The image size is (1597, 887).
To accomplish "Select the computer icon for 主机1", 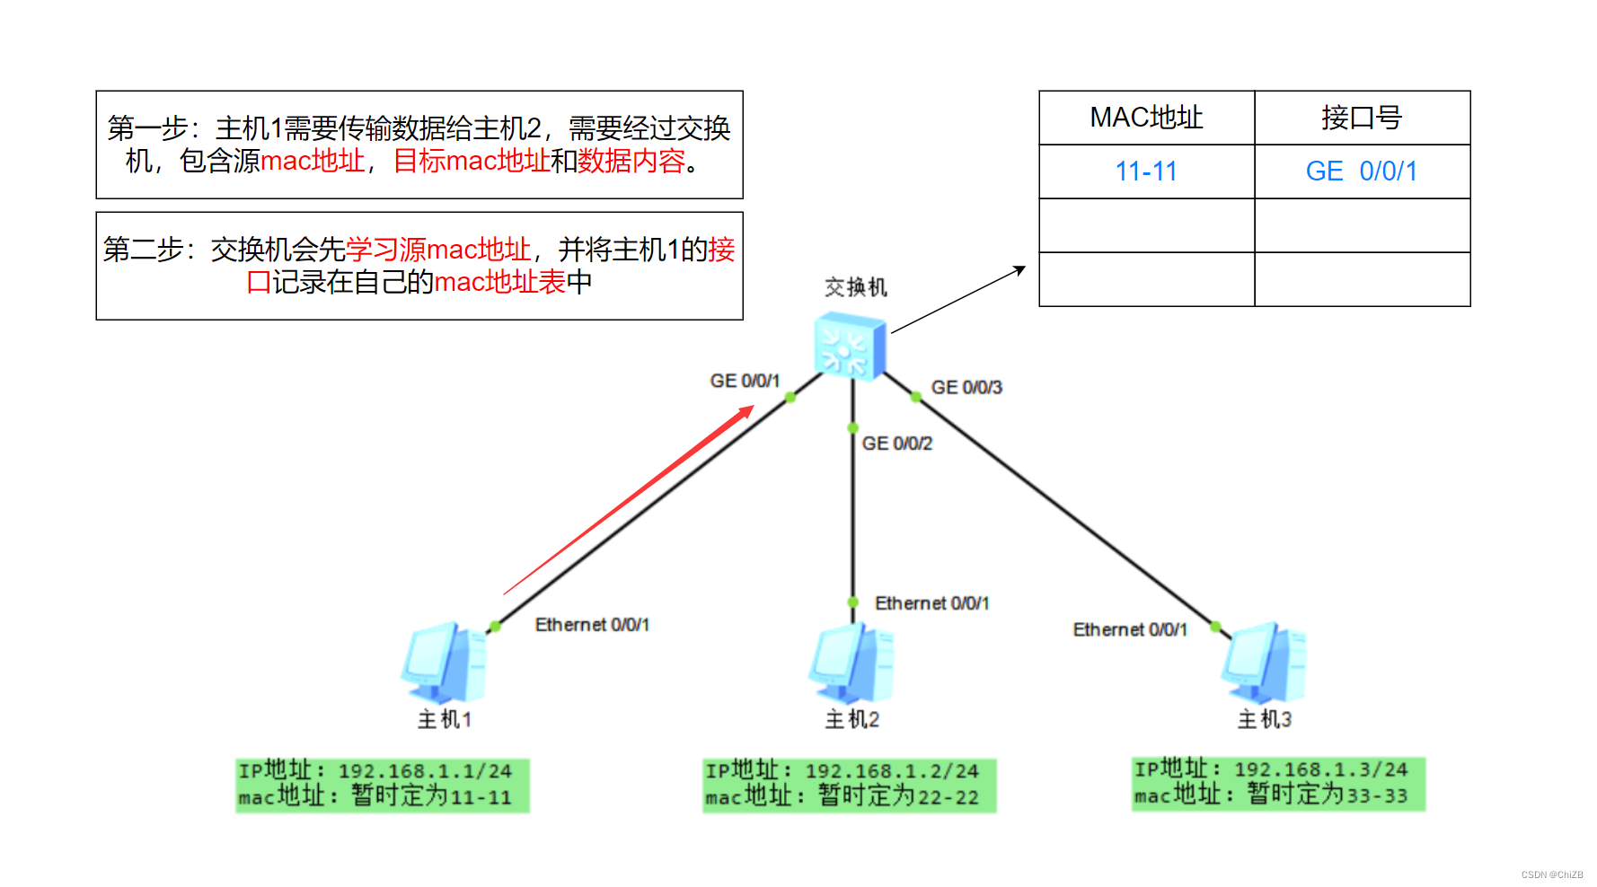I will pyautogui.click(x=445, y=663).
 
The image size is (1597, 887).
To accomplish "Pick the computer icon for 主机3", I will pyautogui.click(x=1264, y=663).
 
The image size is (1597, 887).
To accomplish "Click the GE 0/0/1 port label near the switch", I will pyautogui.click(x=745, y=381).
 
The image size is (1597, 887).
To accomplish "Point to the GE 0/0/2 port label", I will pyautogui.click(x=896, y=443).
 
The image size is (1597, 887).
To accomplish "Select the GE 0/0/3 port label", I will pyautogui.click(x=966, y=387).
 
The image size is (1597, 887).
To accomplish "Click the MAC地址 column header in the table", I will pyautogui.click(x=1146, y=118).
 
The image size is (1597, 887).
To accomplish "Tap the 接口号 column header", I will pyautogui.click(x=1362, y=118).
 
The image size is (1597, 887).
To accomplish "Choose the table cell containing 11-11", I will pyautogui.click(x=1146, y=171).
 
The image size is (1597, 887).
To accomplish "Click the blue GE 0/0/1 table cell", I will pyautogui.click(x=1362, y=171).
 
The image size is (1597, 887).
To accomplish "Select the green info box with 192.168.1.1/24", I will pyautogui.click(x=383, y=785).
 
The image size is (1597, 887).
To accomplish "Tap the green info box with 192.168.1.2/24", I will pyautogui.click(x=849, y=785).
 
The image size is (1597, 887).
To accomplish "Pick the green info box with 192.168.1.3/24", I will pyautogui.click(x=1278, y=783).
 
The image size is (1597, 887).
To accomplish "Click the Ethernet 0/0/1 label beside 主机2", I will pyautogui.click(x=931, y=603).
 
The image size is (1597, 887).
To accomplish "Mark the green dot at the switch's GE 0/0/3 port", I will pyautogui.click(x=915, y=396).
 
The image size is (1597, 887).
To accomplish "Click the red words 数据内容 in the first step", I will pyautogui.click(x=631, y=161).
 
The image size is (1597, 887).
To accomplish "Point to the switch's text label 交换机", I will pyautogui.click(x=856, y=287).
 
